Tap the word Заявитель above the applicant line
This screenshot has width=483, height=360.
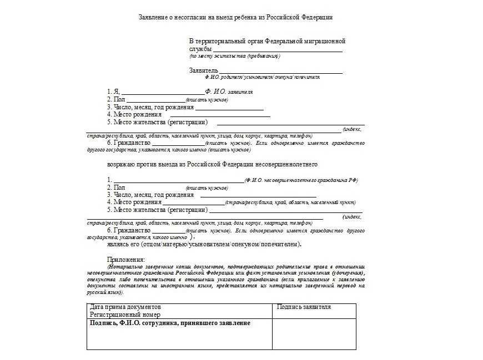[x=204, y=70]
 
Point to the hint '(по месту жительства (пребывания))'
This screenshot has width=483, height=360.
[x=234, y=56]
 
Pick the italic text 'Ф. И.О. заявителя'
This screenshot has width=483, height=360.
[x=229, y=92]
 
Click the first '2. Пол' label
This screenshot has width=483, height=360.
[x=116, y=99]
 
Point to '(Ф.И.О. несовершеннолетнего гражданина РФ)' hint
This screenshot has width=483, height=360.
[x=301, y=180]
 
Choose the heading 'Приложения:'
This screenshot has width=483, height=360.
[x=125, y=259]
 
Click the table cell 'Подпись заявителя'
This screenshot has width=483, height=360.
[x=303, y=307]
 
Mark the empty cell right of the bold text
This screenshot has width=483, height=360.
[x=314, y=334]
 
